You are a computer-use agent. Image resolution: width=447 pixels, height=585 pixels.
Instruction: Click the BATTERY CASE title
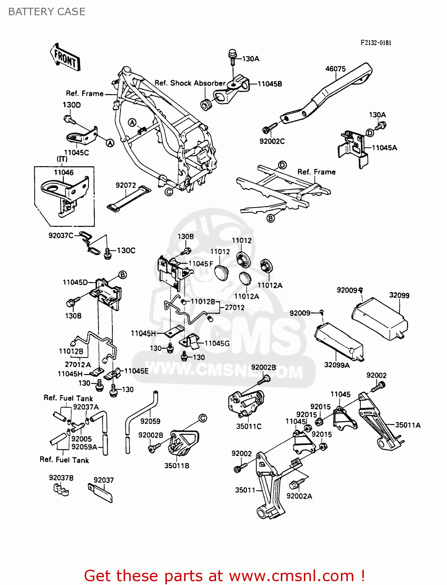pos(47,12)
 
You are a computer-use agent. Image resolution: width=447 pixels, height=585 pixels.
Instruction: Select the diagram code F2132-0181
pos(376,43)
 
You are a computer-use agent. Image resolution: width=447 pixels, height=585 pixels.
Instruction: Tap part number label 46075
pos(335,69)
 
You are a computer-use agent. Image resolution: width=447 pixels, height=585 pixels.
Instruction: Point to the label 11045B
pos(270,84)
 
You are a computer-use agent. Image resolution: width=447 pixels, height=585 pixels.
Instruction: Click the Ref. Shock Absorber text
pos(190,83)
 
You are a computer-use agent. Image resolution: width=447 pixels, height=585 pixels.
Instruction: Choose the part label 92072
pos(126,185)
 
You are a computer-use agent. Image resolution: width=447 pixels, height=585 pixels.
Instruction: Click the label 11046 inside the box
pos(64,172)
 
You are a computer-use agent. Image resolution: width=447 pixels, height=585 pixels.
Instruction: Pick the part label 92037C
pos(61,236)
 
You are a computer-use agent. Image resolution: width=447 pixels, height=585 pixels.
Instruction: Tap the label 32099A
pos(337,365)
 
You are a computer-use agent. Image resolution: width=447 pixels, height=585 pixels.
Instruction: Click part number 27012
pos(234,307)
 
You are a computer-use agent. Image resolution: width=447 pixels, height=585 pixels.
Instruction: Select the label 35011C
pos(248,426)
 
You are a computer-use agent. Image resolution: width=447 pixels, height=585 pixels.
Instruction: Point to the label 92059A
pos(84,447)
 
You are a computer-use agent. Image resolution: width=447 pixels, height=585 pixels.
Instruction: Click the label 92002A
pos(299,496)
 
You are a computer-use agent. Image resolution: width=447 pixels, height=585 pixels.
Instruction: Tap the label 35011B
pos(177,466)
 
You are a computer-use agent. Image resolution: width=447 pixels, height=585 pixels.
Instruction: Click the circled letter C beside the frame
pos(169,191)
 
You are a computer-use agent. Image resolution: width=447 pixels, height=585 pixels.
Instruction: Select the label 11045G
pos(217,343)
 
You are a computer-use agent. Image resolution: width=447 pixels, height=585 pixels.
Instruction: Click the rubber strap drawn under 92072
pos(129,199)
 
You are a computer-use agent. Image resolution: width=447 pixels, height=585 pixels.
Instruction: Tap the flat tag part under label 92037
pos(101,493)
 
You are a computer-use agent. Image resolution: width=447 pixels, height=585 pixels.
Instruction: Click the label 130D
pos(72,105)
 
